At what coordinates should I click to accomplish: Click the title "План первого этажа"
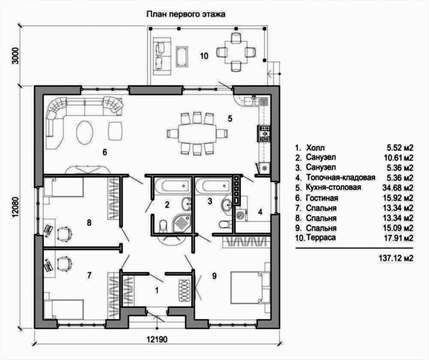[x=186, y=14]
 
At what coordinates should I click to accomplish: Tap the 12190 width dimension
[x=157, y=339]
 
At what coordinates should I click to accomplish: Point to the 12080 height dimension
[x=15, y=207]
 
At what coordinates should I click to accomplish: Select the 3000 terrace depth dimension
[x=16, y=56]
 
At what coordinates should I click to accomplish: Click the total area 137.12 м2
[x=396, y=258]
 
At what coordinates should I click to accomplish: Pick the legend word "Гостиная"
[x=322, y=198]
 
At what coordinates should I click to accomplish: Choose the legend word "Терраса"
[x=321, y=237]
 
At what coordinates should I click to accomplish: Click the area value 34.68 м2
[x=398, y=188]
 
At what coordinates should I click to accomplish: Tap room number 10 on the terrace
[x=204, y=56]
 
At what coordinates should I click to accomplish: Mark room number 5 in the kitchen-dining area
[x=230, y=119]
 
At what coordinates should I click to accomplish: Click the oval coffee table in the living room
[x=85, y=132]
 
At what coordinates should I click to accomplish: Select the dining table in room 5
[x=197, y=133]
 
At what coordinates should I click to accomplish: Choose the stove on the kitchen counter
[x=264, y=134]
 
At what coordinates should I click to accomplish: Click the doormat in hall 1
[x=184, y=290]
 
